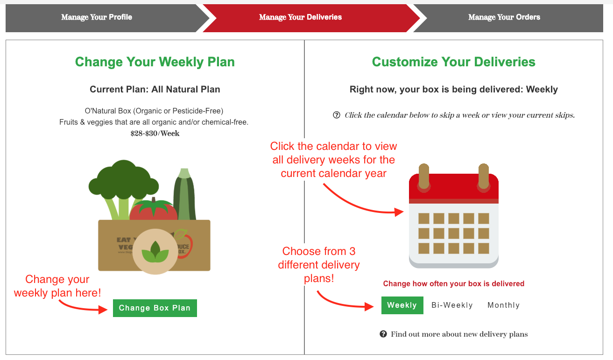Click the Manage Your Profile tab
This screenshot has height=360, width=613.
click(x=97, y=17)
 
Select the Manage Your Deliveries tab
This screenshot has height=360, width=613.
click(x=300, y=17)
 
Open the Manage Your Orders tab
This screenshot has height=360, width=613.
click(x=504, y=17)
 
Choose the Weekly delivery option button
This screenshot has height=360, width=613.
click(x=402, y=305)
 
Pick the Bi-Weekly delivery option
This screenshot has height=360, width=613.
click(x=452, y=305)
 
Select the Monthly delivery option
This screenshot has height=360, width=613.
click(x=503, y=305)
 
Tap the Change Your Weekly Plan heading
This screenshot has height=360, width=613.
click(x=155, y=62)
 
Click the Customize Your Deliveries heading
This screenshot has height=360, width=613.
click(x=453, y=62)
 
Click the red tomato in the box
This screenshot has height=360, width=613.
click(x=154, y=210)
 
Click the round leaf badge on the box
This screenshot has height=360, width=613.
click(x=155, y=251)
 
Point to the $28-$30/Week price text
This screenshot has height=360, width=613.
click(x=155, y=134)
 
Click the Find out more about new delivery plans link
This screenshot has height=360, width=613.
click(x=459, y=334)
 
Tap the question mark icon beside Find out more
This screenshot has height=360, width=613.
click(x=383, y=334)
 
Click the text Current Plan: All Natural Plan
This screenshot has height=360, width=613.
click(x=155, y=89)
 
